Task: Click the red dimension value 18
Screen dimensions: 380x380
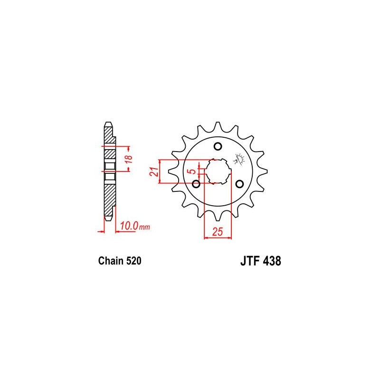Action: point(129,159)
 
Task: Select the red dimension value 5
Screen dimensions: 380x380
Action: point(193,171)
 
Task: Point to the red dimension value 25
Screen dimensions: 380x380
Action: point(218,232)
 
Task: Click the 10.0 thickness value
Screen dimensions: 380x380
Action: point(129,226)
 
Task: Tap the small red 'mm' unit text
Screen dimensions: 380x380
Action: point(144,228)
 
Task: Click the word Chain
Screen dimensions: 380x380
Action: point(111,261)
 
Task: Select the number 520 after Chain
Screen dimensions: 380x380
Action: point(133,261)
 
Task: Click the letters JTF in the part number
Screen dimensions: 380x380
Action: point(250,261)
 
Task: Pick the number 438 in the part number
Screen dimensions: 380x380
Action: point(272,261)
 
